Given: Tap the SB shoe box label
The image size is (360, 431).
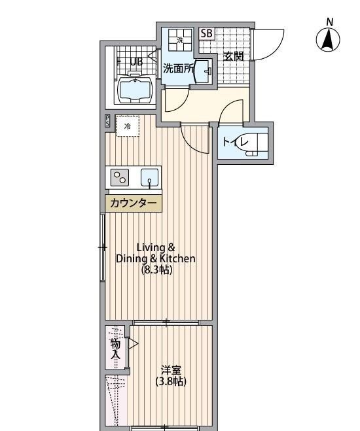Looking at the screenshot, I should pyautogui.click(x=206, y=33).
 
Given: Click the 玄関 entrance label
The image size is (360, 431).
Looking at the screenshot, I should pyautogui.click(x=233, y=56).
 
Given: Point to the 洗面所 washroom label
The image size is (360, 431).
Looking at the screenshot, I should pyautogui.click(x=177, y=67).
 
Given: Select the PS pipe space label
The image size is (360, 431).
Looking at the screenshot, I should pyautogui.click(x=107, y=121).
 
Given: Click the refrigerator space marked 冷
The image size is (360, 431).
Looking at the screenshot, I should pyautogui.click(x=128, y=126).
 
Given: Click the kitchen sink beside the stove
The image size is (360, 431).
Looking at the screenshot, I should pyautogui.click(x=150, y=177).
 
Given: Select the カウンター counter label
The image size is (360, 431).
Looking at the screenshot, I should pyautogui.click(x=134, y=203).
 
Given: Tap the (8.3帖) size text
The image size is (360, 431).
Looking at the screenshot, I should pyautogui.click(x=156, y=270).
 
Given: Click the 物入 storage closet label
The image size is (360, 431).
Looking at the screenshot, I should pyautogui.click(x=115, y=349).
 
